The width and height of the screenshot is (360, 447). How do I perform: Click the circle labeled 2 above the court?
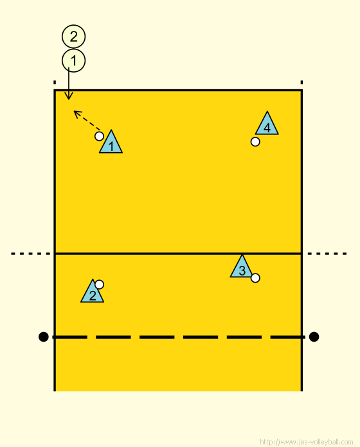[x=73, y=37]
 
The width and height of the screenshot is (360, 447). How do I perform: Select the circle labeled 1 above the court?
[x=73, y=60]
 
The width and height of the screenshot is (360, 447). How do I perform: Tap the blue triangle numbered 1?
[x=111, y=142]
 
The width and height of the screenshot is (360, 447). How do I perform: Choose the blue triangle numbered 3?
[x=242, y=266]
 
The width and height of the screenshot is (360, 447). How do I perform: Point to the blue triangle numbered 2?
[x=93, y=291]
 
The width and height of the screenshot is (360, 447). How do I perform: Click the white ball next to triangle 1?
[x=99, y=136]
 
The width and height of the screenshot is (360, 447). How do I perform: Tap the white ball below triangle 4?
[x=255, y=142]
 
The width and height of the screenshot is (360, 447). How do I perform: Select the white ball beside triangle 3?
[x=255, y=278]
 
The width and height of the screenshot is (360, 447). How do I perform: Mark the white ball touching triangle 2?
[x=99, y=285]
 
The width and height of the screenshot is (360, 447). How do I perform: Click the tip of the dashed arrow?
[x=74, y=111]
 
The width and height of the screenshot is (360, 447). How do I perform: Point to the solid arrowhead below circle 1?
[x=68, y=99]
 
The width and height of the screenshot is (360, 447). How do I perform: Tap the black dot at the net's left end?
[x=43, y=337]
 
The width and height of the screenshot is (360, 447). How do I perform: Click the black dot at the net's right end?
[x=314, y=337]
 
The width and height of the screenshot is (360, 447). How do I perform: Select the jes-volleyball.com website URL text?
[x=307, y=442]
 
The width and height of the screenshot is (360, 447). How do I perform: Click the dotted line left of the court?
[x=30, y=254]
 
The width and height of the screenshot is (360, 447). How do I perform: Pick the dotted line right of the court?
[x=327, y=254]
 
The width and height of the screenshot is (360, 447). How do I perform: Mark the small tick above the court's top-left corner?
[x=55, y=82]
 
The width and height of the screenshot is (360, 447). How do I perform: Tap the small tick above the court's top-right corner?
[x=301, y=82]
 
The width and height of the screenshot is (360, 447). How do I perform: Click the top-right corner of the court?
[x=301, y=91]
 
